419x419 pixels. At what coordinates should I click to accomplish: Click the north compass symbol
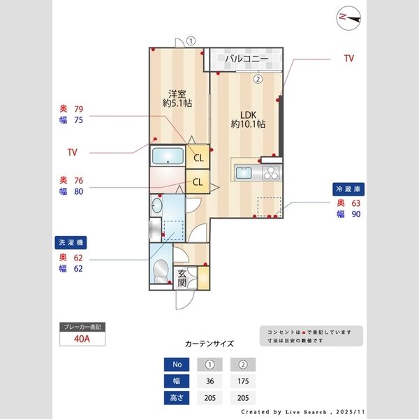(x=347, y=18)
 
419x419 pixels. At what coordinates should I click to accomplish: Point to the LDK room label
(x=248, y=119)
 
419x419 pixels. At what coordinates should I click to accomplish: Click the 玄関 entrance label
(x=182, y=278)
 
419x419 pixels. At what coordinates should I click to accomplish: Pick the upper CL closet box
(x=198, y=157)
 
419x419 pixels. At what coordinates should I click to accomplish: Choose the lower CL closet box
(x=198, y=182)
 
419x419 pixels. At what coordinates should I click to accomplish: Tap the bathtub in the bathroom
(x=167, y=156)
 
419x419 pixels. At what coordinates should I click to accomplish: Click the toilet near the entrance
(x=160, y=269)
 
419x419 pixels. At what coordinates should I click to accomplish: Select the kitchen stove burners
(x=270, y=172)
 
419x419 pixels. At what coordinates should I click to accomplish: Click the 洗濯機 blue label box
(x=71, y=243)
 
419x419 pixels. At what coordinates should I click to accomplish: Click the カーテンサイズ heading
(x=209, y=344)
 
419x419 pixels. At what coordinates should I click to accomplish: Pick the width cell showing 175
(x=243, y=381)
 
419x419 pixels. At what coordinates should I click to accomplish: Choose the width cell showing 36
(x=209, y=381)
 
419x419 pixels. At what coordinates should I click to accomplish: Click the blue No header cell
(x=176, y=365)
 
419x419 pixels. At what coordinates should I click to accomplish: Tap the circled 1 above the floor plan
(x=191, y=41)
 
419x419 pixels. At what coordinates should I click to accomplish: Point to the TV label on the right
(x=348, y=59)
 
